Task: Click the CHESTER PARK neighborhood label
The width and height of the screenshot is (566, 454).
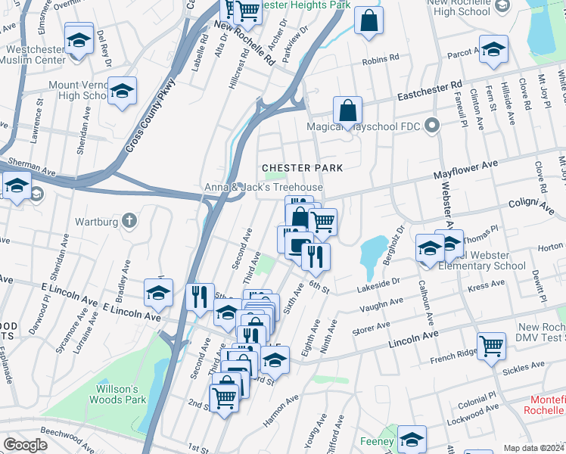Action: click(x=302, y=167)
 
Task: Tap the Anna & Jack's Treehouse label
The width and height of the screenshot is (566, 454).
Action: click(x=263, y=188)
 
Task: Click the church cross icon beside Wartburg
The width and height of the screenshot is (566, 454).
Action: click(x=129, y=222)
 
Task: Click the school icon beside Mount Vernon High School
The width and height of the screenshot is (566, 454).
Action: click(x=122, y=92)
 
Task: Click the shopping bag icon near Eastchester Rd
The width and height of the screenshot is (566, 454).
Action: click(x=347, y=110)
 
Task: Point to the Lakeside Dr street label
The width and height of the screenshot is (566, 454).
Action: click(x=378, y=284)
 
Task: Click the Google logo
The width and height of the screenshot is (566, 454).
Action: click(x=26, y=445)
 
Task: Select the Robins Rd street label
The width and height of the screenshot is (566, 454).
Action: click(x=381, y=59)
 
